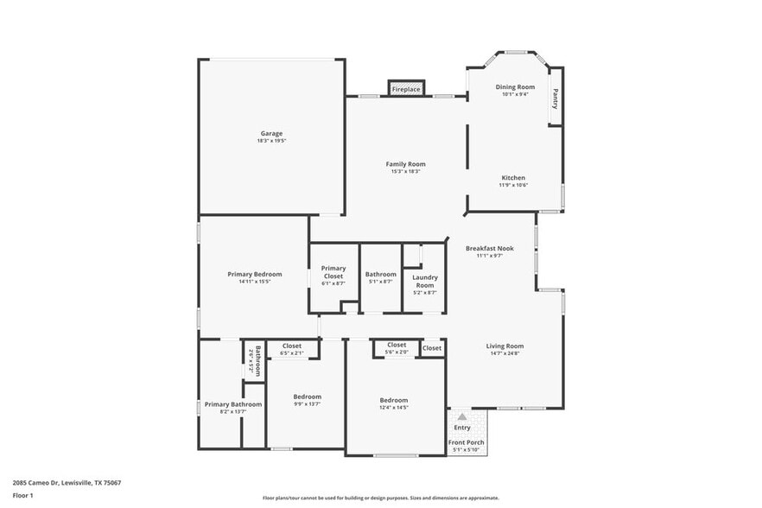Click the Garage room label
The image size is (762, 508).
click(271, 134)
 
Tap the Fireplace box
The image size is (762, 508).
click(406, 89)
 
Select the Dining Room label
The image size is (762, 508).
click(515, 87)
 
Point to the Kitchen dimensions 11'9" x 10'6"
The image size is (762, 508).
click(513, 185)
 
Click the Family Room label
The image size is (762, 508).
click(405, 164)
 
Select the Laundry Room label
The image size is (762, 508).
click(424, 282)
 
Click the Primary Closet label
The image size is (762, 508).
click(333, 272)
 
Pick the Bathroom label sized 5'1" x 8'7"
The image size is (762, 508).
click(380, 275)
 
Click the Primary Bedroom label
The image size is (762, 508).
click(255, 275)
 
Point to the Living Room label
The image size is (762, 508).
click(505, 346)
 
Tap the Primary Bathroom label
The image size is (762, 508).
click(232, 404)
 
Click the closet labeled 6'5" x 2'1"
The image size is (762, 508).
click(291, 346)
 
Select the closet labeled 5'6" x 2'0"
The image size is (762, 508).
click(397, 345)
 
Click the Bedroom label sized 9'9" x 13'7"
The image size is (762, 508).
click(307, 397)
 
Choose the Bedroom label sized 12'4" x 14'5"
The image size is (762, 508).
click(394, 400)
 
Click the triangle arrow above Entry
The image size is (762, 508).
click(462, 416)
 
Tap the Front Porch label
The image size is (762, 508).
click(467, 442)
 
